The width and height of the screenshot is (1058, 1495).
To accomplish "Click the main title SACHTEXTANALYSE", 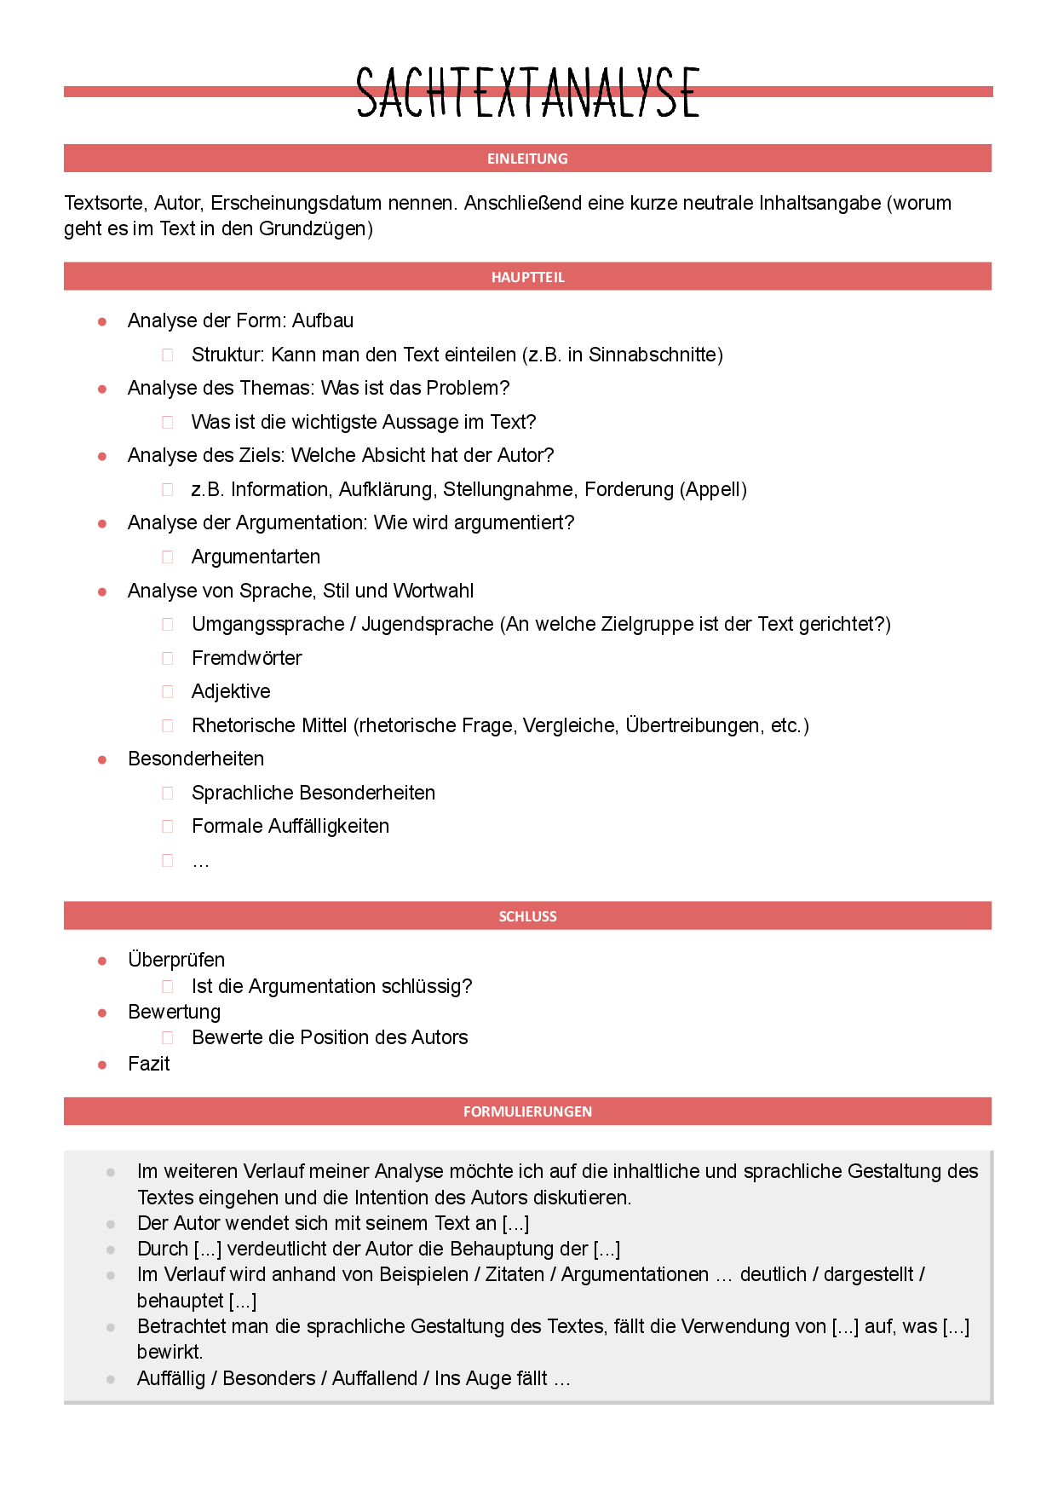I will coord(528,92).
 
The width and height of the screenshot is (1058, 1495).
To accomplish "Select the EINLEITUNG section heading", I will coord(527,159).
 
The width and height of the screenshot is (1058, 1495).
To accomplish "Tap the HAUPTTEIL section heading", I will coord(527,277).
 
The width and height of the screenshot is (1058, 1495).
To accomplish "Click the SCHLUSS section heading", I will coord(527,916).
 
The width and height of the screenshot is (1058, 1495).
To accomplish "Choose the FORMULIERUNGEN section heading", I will coord(527,1111).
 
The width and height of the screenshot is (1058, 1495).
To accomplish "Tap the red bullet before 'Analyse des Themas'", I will coord(102,389).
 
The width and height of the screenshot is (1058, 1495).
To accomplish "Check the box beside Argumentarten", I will coord(168,557).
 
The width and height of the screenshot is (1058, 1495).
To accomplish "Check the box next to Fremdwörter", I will coord(168,659).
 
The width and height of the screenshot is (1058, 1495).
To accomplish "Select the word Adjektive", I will coord(231,691).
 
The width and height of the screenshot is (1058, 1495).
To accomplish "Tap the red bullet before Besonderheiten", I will coord(102,759).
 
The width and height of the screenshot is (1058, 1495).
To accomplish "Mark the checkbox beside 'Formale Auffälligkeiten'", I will coord(168,827).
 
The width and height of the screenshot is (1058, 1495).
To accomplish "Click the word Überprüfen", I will coord(176,960).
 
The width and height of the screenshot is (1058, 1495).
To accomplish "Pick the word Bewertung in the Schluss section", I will coord(174,1012).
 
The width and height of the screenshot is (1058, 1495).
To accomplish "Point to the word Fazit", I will coord(149,1064).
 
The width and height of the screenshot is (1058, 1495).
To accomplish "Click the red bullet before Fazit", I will coord(102,1065).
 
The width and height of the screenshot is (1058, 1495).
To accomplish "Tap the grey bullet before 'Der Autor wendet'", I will coord(111,1224).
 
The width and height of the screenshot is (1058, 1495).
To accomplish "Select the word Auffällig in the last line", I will coord(171,1378).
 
